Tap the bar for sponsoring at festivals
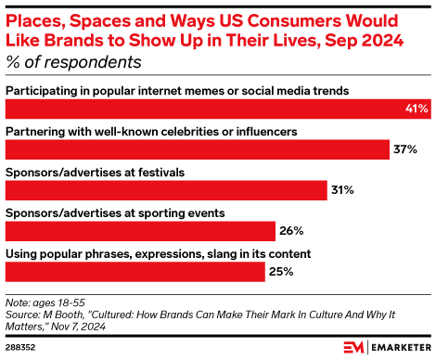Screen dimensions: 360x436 coord(167,190)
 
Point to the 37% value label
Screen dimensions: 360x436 coord(406,149)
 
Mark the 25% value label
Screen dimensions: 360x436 coord(282,272)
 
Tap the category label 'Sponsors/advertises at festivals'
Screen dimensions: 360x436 coord(96,173)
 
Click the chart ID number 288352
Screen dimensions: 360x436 coord(22,349)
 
